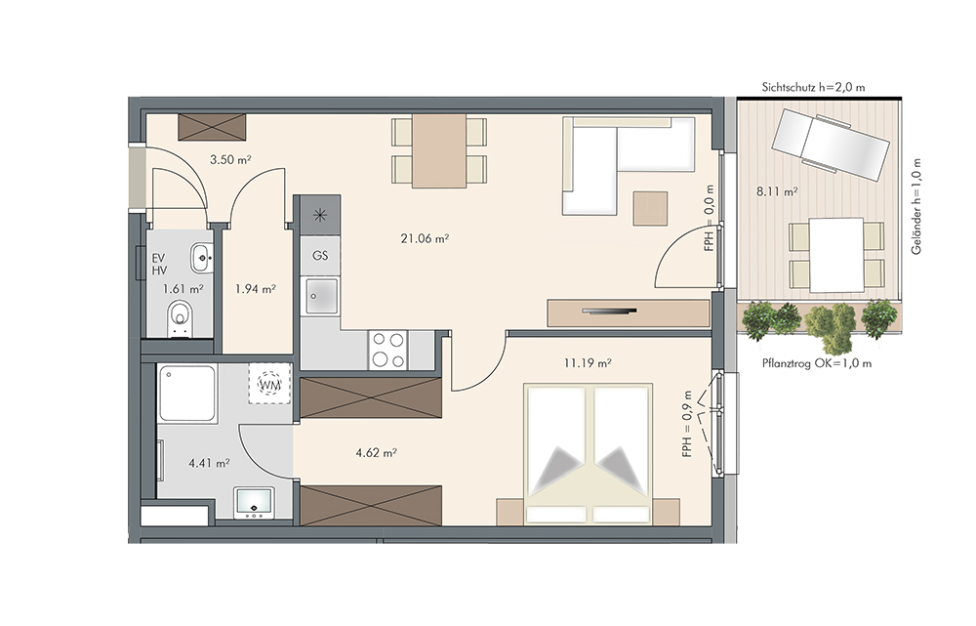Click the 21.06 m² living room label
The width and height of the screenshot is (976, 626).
click(426, 238)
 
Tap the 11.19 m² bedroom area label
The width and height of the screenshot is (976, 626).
click(588, 362)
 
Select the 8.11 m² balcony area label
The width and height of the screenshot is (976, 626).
click(777, 191)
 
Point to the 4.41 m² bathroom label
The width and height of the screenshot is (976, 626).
click(209, 463)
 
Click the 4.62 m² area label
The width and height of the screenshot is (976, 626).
click(377, 453)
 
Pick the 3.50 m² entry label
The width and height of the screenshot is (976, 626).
click(230, 159)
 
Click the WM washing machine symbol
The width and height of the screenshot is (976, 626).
click(269, 385)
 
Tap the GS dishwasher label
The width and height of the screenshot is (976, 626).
click(320, 256)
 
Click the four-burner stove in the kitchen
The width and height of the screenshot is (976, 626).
click(387, 350)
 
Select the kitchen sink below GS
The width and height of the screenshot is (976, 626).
click(322, 295)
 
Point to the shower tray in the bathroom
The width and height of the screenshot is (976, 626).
click(187, 394)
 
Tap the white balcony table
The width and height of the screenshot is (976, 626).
click(836, 255)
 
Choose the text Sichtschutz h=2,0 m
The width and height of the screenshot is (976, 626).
click(814, 87)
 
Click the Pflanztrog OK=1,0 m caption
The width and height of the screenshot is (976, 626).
click(817, 363)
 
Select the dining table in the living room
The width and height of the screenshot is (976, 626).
click(439, 150)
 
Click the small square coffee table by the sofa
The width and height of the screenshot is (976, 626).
click(650, 208)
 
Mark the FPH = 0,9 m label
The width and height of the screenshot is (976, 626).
click(687, 424)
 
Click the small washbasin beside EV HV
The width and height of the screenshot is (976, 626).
click(202, 258)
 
